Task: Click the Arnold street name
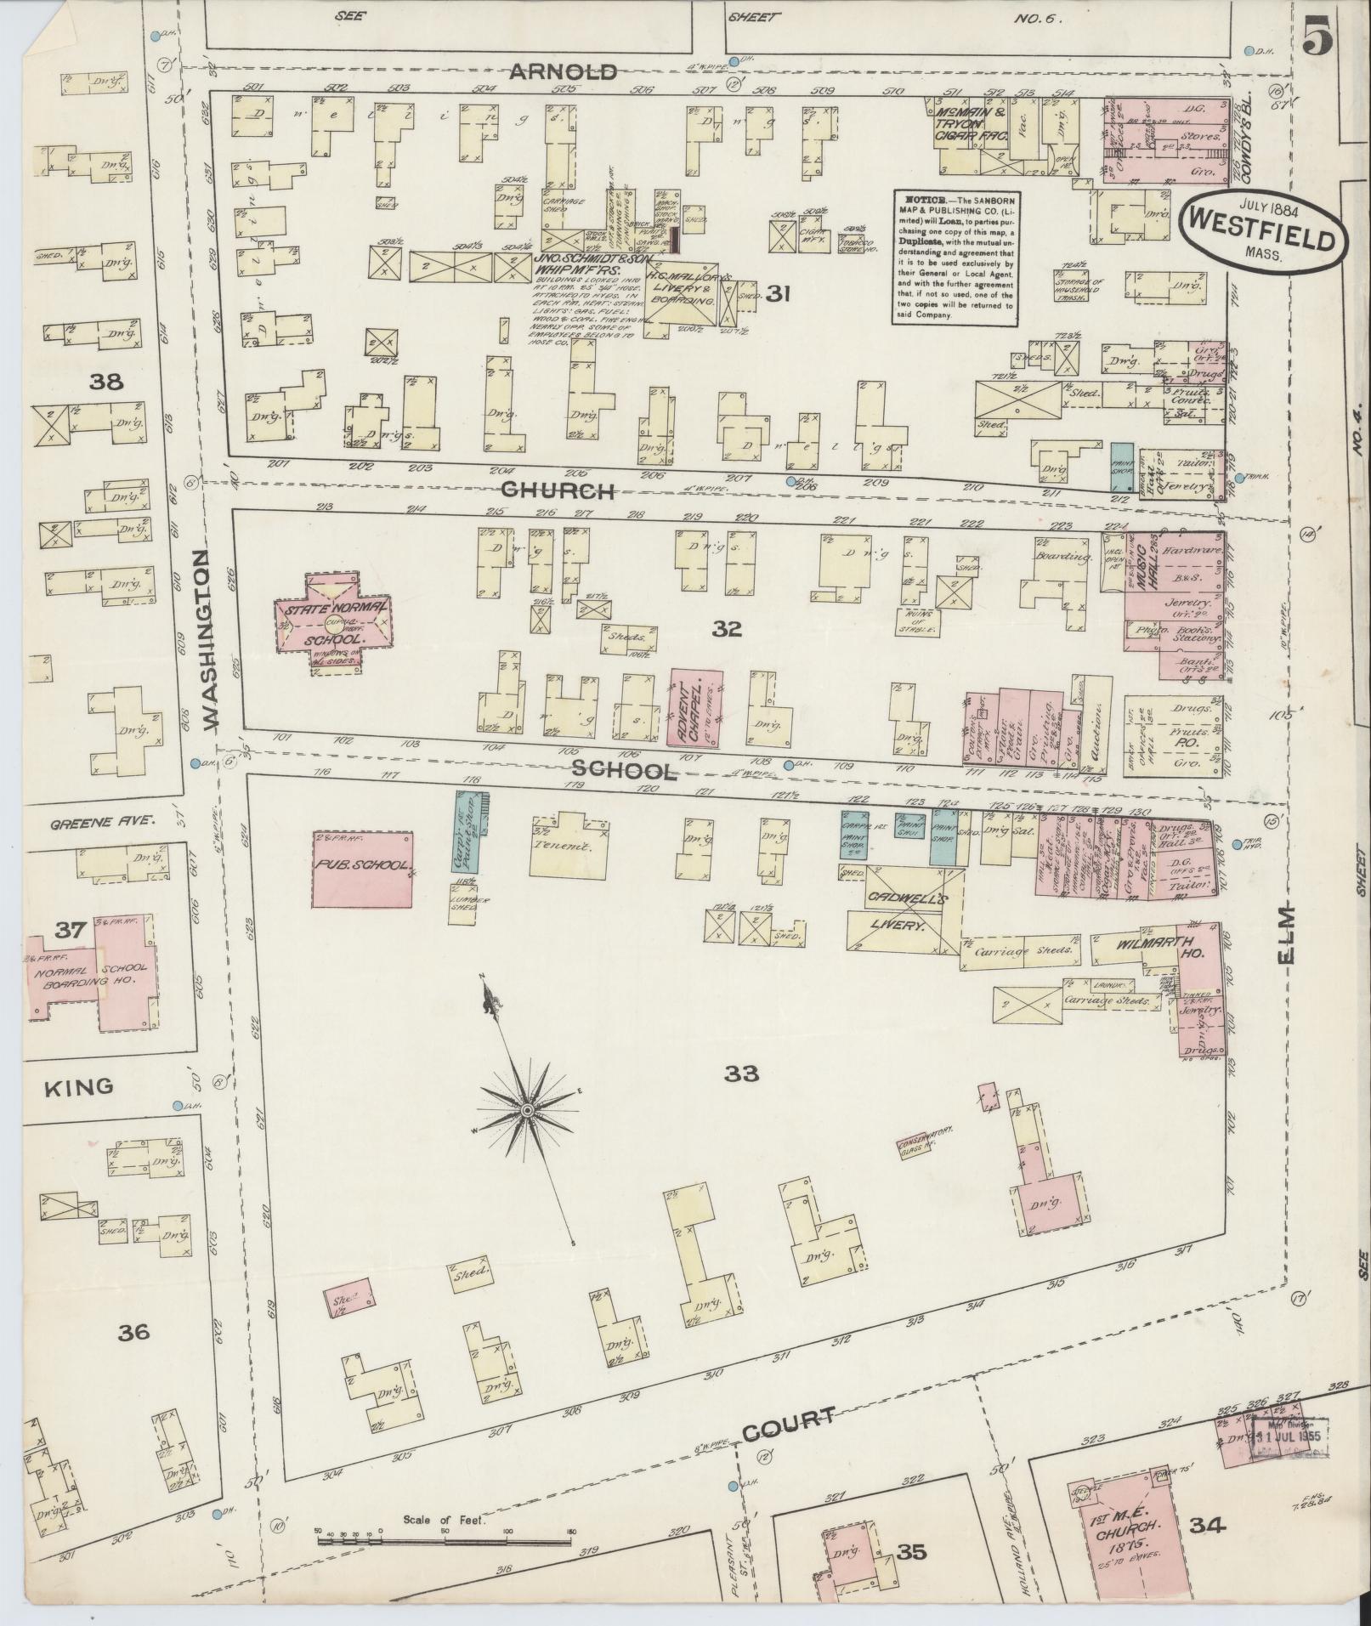[564, 72]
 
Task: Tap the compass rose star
[527, 1111]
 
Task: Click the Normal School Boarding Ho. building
[95, 973]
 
